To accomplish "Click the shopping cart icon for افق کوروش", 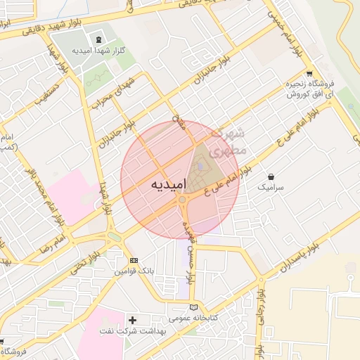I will pos(309,74).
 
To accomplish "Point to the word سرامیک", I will pos(271,188).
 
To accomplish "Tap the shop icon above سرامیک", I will pos(271,176).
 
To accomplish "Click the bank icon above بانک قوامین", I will pos(134,260).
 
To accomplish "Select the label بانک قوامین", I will pos(134,271).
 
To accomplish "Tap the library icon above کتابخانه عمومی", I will pos(195,307).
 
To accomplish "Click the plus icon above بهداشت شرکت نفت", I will pos(132,320).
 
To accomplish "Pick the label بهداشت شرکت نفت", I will pos(134,331).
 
